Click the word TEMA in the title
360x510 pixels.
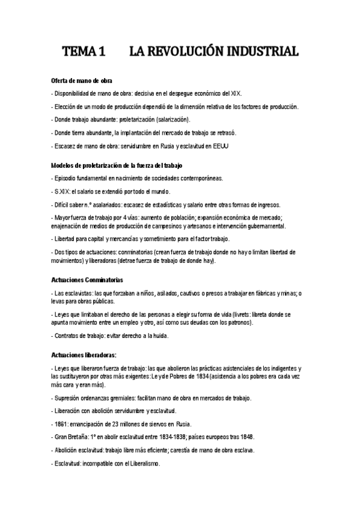(80, 52)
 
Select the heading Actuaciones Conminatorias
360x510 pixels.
(87, 280)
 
